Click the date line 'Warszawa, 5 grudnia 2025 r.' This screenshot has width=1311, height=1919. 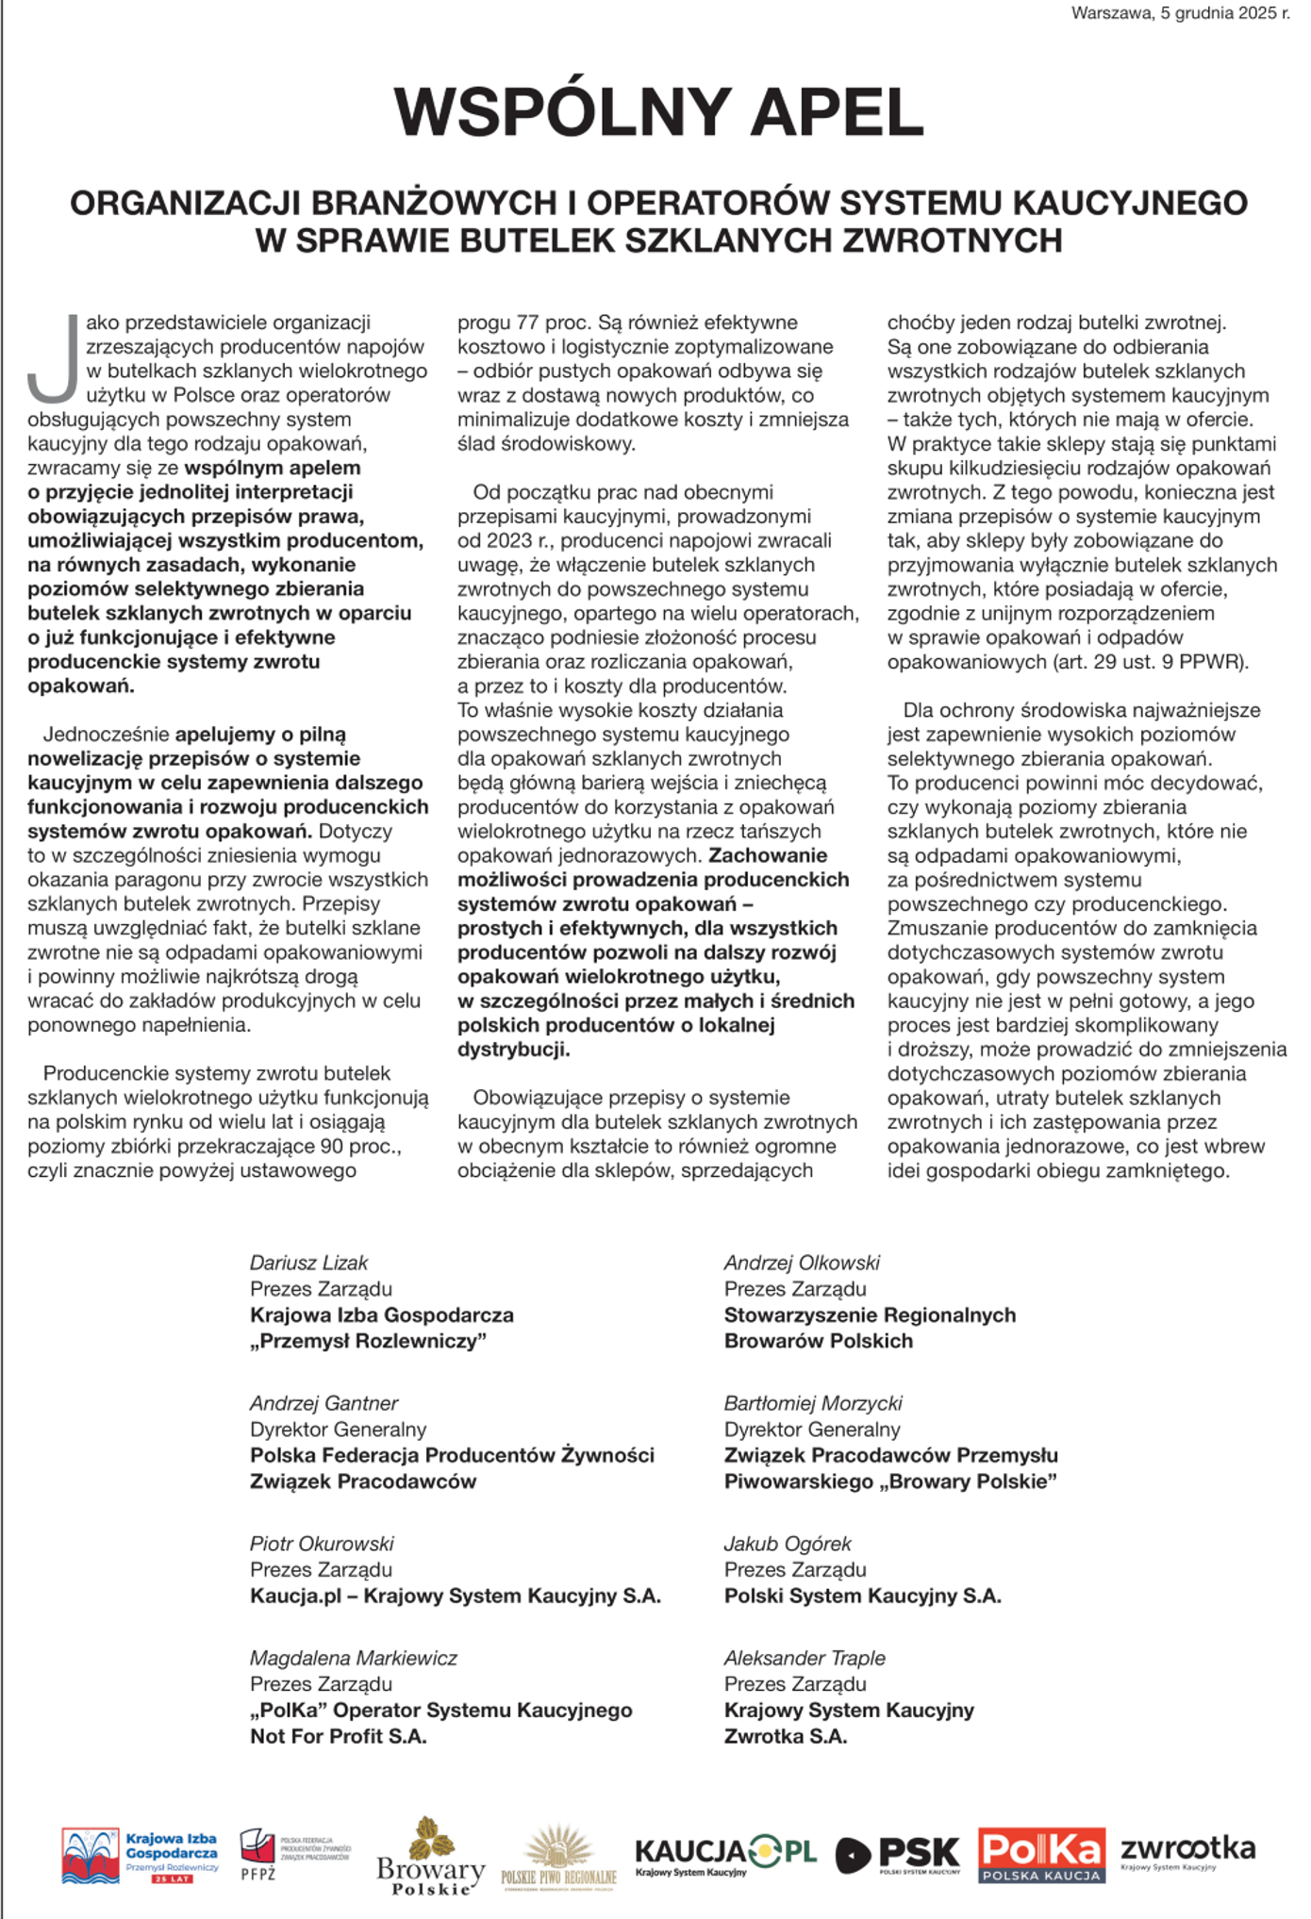coord(1180,13)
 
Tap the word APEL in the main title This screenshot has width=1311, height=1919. coord(837,112)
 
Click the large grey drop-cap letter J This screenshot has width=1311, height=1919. coord(54,358)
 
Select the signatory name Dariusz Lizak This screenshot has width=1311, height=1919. coord(308,1263)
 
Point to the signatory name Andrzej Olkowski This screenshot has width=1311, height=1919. coord(802,1263)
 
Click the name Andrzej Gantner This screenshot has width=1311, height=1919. coord(324,1403)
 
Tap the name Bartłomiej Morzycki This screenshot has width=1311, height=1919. coord(813,1403)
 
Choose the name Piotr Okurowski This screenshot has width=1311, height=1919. coord(322,1544)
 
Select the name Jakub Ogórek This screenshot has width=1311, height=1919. coord(788,1544)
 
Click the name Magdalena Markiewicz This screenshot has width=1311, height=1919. coord(353,1658)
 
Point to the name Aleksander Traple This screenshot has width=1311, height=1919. coord(805,1658)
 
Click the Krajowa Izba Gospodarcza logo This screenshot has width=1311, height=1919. coord(140,1855)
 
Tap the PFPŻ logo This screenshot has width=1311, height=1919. coord(293,1854)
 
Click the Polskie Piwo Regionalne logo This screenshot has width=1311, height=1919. coord(558,1858)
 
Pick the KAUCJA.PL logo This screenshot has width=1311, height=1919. coord(725,1855)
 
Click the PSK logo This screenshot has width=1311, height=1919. coord(898,1855)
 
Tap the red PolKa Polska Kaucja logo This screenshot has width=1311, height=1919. coord(1041,1855)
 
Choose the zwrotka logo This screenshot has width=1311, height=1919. coord(1187,1851)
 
